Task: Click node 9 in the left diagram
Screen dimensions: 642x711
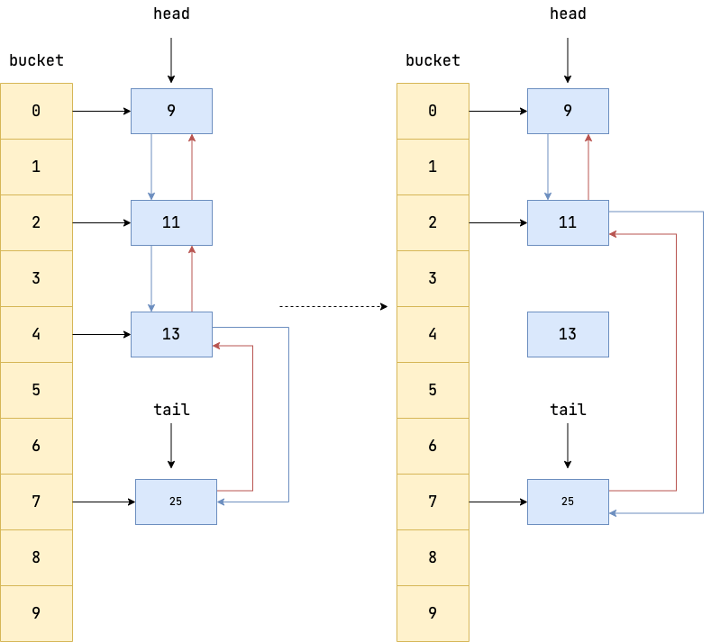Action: pyautogui.click(x=171, y=111)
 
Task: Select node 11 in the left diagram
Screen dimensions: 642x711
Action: pyautogui.click(x=171, y=222)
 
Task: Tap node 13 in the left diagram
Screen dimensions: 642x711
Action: pyautogui.click(x=171, y=334)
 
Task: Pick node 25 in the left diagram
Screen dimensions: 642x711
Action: pyautogui.click(x=176, y=502)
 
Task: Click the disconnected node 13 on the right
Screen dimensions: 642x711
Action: pyautogui.click(x=568, y=334)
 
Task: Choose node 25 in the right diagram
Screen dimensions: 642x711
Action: pyautogui.click(x=568, y=502)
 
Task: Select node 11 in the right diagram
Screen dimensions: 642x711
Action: pyautogui.click(x=568, y=222)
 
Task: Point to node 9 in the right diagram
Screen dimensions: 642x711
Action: pyautogui.click(x=568, y=111)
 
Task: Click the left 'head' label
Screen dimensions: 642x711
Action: pyautogui.click(x=171, y=14)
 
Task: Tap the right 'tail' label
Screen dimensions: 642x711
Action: pyautogui.click(x=568, y=410)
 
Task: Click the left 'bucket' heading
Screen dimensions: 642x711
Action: pyautogui.click(x=36, y=60)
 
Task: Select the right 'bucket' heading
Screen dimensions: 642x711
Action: pyautogui.click(x=433, y=60)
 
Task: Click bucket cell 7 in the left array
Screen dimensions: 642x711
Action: pyautogui.click(x=36, y=502)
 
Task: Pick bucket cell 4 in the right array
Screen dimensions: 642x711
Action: pyautogui.click(x=433, y=334)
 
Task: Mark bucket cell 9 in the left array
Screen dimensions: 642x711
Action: pyautogui.click(x=36, y=613)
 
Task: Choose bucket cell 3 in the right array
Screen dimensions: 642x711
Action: pyautogui.click(x=433, y=278)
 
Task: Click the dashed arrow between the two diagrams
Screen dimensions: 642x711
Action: pyautogui.click(x=333, y=307)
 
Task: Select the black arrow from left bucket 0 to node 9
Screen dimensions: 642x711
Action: pyautogui.click(x=101, y=112)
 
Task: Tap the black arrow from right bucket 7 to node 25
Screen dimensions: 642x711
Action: pyautogui.click(x=497, y=502)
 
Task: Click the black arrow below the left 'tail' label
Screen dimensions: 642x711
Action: pyautogui.click(x=171, y=446)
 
